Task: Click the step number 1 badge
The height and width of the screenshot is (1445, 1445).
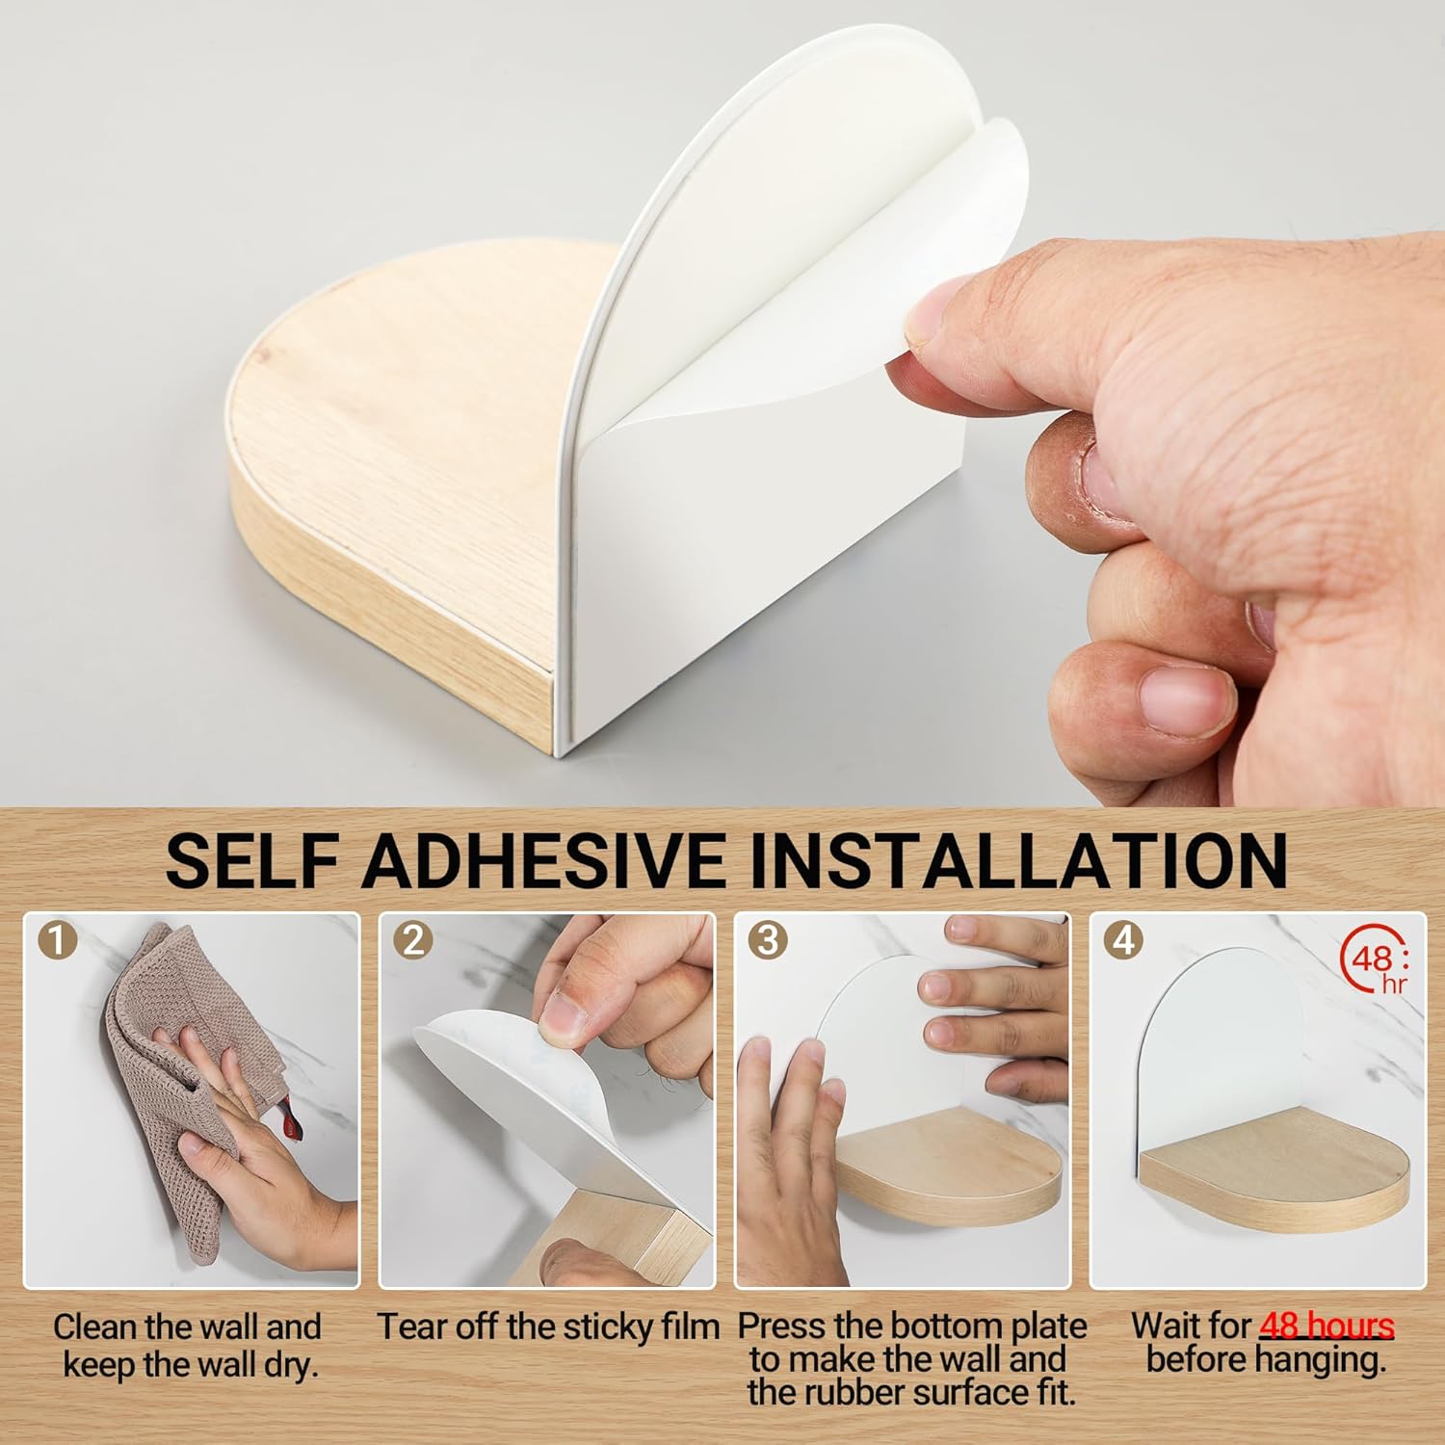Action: click(58, 940)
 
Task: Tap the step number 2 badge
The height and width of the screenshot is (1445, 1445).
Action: click(413, 940)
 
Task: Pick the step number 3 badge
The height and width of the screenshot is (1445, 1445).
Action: click(768, 940)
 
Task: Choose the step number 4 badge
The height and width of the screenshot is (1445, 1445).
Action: click(1123, 940)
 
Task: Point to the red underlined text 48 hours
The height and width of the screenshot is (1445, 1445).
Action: click(1327, 1327)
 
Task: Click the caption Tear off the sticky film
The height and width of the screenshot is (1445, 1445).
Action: click(548, 1327)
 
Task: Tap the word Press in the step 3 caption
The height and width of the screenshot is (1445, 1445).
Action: click(782, 1327)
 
